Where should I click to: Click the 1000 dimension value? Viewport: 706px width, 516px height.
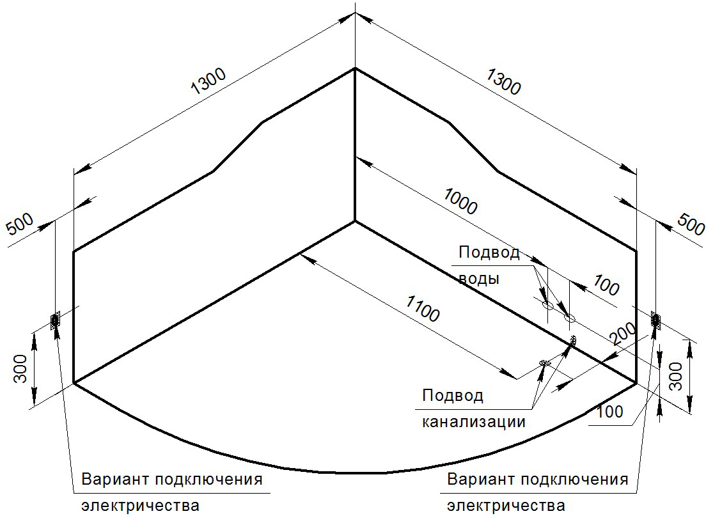(x=460, y=201)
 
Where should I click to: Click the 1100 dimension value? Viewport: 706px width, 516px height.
(x=422, y=309)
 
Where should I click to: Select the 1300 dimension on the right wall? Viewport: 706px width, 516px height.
(x=503, y=81)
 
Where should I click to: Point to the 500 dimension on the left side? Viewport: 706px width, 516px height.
(x=20, y=224)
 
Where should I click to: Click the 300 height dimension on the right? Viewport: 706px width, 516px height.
(x=675, y=376)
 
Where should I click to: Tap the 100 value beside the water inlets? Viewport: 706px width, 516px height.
(x=606, y=285)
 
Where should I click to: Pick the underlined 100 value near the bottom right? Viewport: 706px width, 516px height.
(x=609, y=412)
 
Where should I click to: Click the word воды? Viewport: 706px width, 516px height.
(x=479, y=279)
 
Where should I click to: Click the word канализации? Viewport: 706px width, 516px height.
(x=474, y=422)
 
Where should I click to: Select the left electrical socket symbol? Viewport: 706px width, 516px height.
(x=56, y=320)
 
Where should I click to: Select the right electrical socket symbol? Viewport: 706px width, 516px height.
(x=655, y=320)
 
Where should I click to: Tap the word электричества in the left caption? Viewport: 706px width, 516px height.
(x=141, y=505)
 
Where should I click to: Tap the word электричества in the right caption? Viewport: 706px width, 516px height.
(x=506, y=505)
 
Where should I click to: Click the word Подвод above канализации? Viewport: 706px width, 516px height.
(x=453, y=396)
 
